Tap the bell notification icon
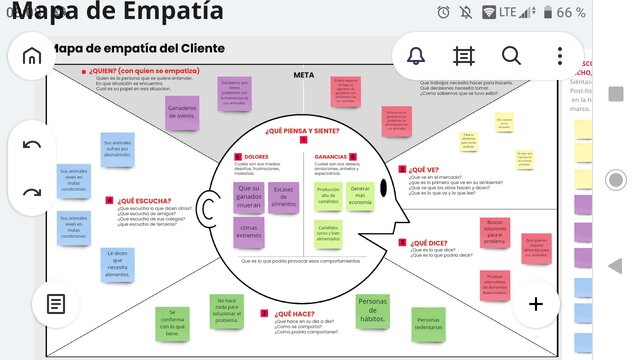click(415, 56)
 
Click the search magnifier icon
click(511, 56)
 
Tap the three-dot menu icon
click(560, 56)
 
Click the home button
click(32, 56)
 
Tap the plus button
click(536, 304)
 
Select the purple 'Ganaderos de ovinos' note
click(181, 111)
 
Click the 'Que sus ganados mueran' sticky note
click(248, 196)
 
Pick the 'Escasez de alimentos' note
click(283, 197)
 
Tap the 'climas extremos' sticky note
click(248, 234)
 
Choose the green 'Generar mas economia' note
click(360, 196)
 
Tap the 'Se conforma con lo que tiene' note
click(172, 322)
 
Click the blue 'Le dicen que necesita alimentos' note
click(118, 264)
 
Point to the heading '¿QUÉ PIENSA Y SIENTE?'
click(302, 131)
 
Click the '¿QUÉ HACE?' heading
click(296, 314)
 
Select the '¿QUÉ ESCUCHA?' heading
click(143, 200)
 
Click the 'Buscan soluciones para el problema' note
click(495, 232)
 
